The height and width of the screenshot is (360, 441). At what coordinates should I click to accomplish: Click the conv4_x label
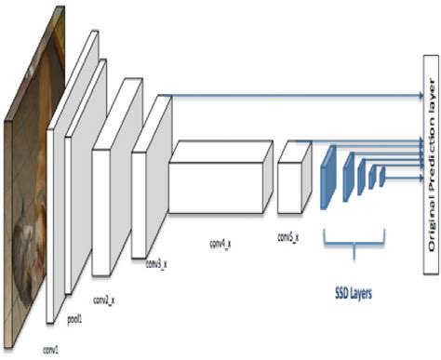224,218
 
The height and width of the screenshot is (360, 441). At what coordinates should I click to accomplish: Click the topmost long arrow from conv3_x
288,96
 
